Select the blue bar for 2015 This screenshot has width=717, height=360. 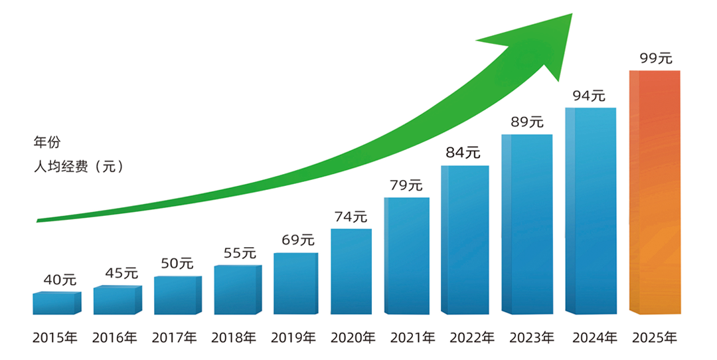[56, 303]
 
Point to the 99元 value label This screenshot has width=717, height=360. [656, 58]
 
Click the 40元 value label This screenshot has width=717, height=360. [60, 280]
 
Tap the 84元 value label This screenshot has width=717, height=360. [463, 152]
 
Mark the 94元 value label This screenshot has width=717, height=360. [590, 96]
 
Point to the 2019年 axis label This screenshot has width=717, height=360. [293, 337]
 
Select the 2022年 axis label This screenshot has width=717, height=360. [471, 337]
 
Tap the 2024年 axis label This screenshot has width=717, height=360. [594, 337]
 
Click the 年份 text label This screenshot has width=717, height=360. [46, 142]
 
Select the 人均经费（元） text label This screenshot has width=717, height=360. [78, 167]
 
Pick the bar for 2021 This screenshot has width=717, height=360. [406, 255]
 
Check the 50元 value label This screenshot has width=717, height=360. [177, 263]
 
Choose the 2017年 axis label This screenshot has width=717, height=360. [175, 337]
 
